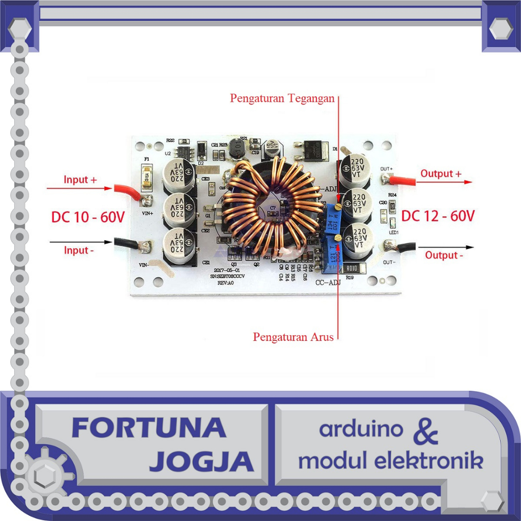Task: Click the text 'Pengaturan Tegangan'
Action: coord(282,98)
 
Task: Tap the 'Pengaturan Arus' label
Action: coord(294,337)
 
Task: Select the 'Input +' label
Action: coord(80,180)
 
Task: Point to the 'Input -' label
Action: coord(80,250)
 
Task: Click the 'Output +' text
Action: coord(441,173)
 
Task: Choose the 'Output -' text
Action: coord(444,255)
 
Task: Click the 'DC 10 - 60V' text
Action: coord(88,217)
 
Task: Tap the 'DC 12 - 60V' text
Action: coord(438,216)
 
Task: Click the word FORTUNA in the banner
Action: coord(149,428)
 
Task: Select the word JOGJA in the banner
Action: coord(201,461)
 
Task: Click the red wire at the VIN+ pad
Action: coord(130,191)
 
